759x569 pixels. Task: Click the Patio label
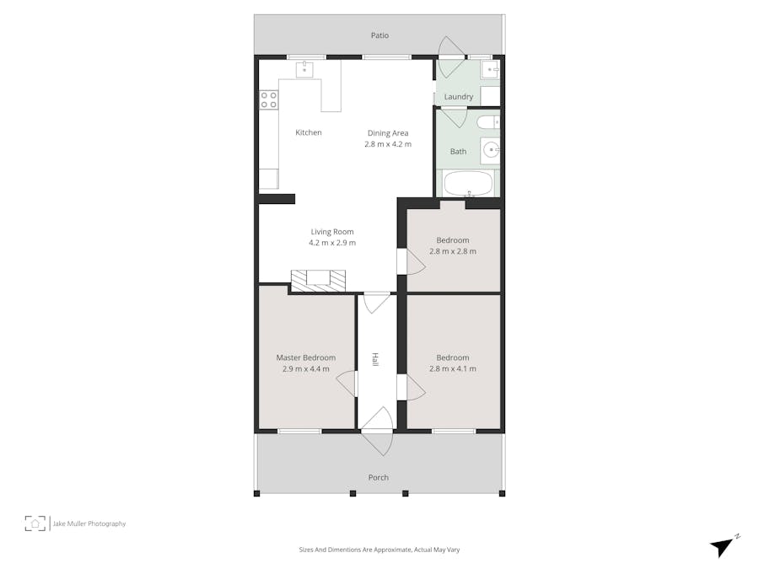(379, 35)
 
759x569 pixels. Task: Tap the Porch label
(379, 477)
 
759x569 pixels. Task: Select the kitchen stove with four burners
(269, 100)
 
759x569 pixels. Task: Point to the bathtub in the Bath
(468, 183)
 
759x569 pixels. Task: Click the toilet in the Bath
(487, 123)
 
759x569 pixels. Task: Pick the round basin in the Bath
(490, 152)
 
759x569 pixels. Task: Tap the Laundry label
(459, 97)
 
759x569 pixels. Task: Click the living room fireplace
(318, 279)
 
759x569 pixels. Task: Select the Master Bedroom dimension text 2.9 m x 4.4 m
(305, 368)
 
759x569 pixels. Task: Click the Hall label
(375, 360)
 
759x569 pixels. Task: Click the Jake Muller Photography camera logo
(35, 523)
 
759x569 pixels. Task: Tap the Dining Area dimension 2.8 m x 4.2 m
(388, 144)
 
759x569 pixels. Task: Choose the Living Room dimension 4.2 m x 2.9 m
(332, 243)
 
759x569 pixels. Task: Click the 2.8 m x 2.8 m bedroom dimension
(453, 251)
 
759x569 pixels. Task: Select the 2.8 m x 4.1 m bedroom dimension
(453, 368)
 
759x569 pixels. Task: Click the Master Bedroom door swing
(347, 384)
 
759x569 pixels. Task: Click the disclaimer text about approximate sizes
(379, 550)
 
